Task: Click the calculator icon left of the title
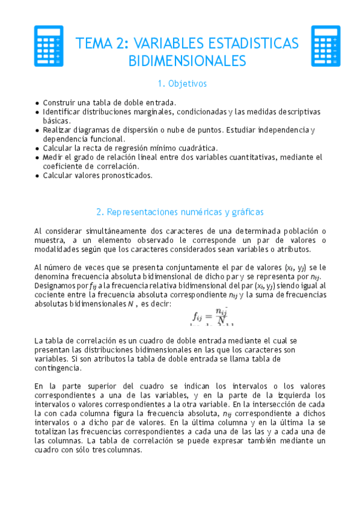click(49, 46)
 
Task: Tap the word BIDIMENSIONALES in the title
click(188, 61)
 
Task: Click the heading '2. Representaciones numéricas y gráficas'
click(180, 212)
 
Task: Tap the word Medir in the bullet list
click(53, 157)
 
